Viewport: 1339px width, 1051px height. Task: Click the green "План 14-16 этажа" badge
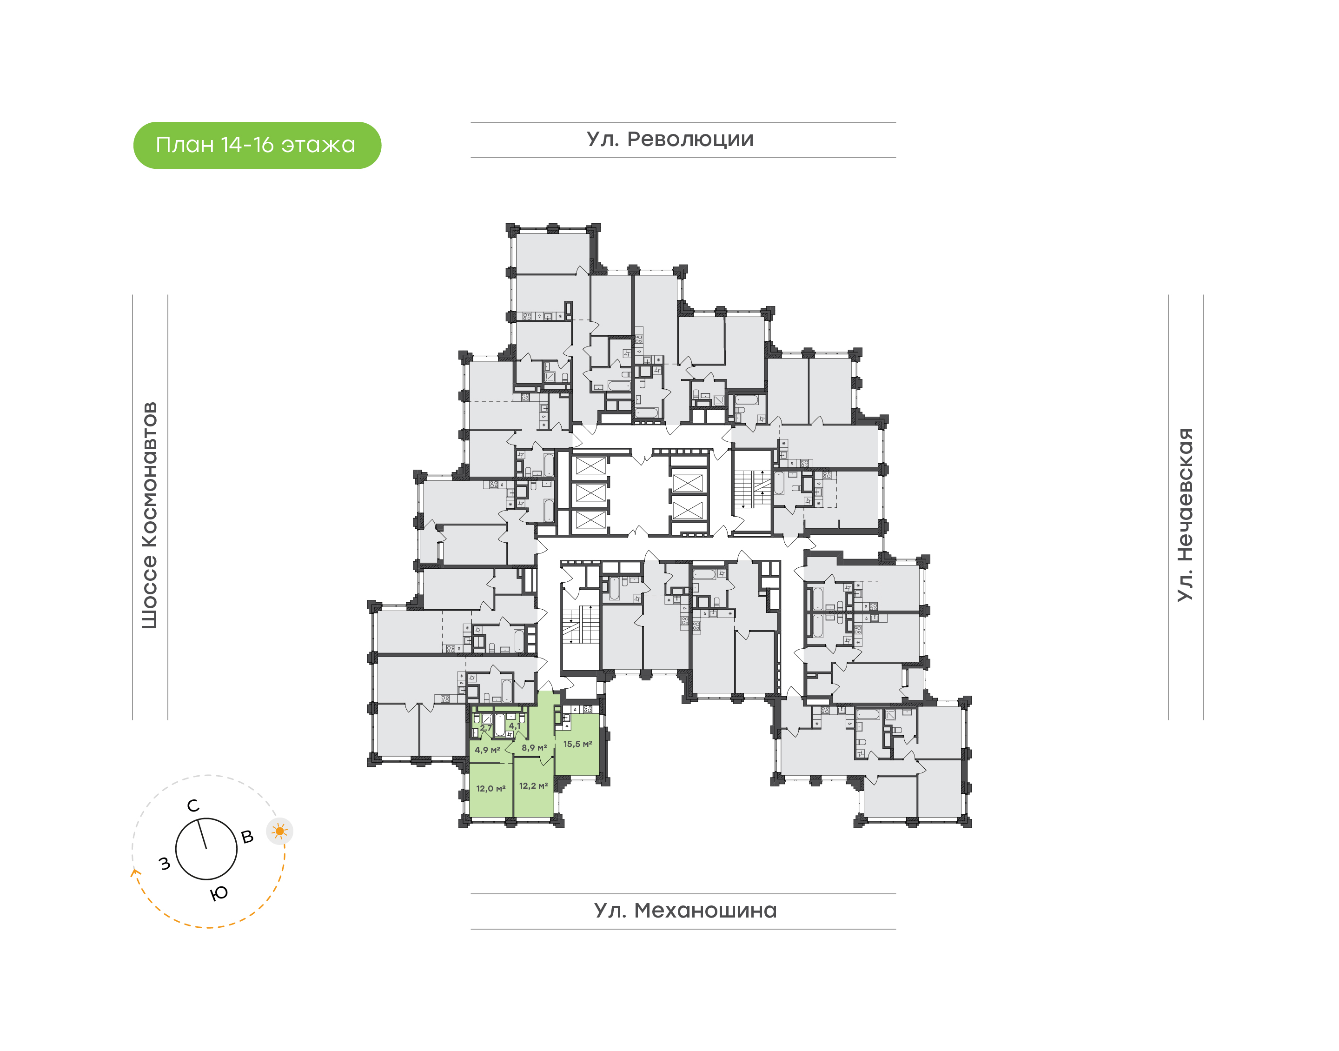pyautogui.click(x=257, y=145)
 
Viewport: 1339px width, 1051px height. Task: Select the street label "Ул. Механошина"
pyautogui.click(x=684, y=910)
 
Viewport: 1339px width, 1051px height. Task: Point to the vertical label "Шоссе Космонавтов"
pyautogui.click(x=149, y=516)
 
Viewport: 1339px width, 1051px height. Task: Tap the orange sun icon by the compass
pyautogui.click(x=280, y=831)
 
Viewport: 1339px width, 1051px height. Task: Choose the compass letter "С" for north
pyautogui.click(x=193, y=806)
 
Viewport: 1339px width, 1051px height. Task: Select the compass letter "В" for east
pyautogui.click(x=247, y=837)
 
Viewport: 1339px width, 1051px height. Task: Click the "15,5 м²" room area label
pyautogui.click(x=577, y=744)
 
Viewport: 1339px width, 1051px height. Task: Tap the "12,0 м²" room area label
pyautogui.click(x=490, y=788)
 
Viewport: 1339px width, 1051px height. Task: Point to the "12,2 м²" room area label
pyautogui.click(x=533, y=786)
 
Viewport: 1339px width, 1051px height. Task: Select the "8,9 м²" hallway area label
pyautogui.click(x=534, y=748)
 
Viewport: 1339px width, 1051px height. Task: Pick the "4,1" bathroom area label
pyautogui.click(x=514, y=726)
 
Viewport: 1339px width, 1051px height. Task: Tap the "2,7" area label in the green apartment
pyautogui.click(x=485, y=727)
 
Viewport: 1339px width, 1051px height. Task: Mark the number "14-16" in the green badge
pyautogui.click(x=246, y=145)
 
